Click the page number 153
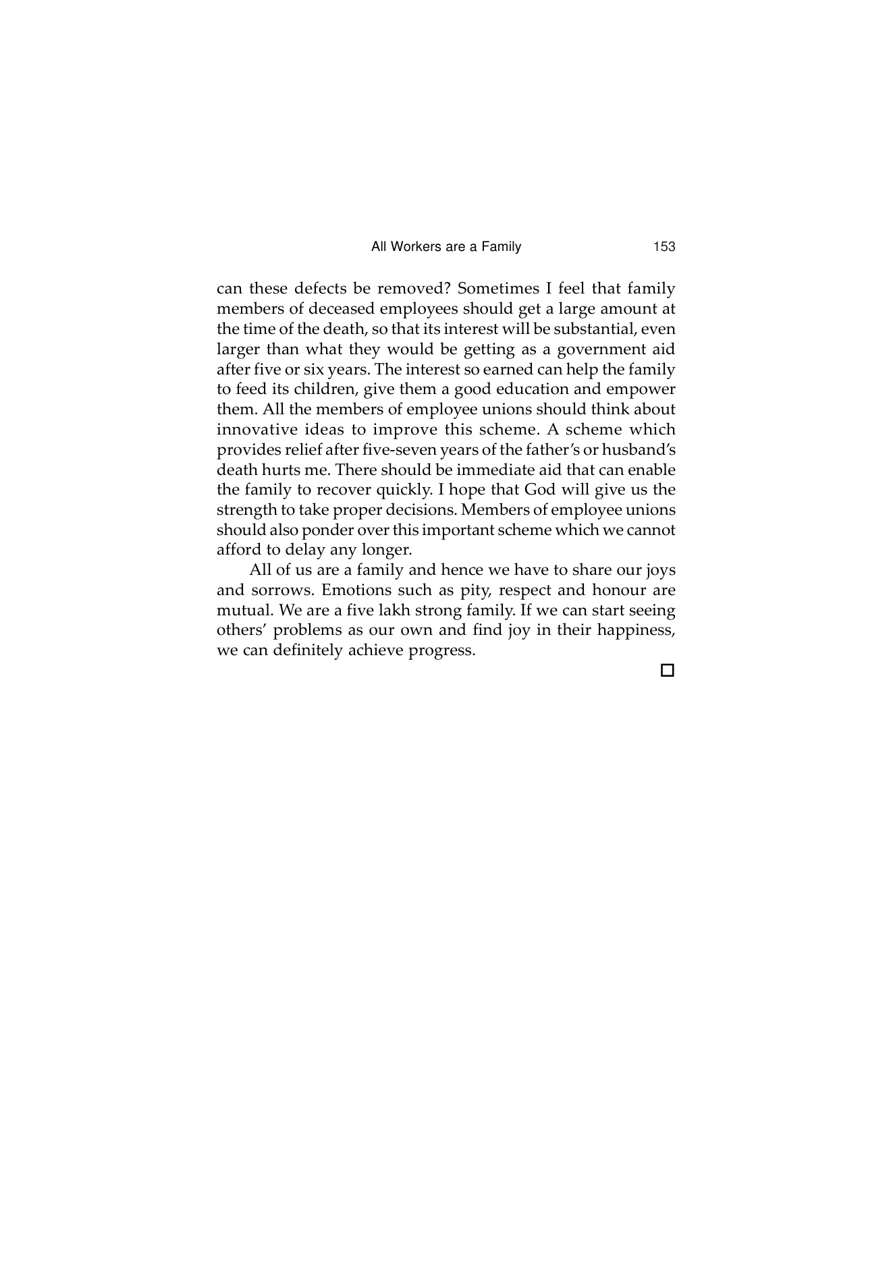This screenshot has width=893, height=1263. coord(664,247)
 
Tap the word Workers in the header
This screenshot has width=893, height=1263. coord(414,247)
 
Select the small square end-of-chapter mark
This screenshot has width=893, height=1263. coord(668,671)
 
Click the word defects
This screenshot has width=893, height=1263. coord(323,289)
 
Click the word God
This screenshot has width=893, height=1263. coord(540,490)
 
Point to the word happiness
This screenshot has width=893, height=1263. coord(636,631)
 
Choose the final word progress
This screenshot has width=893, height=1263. coord(441,651)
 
